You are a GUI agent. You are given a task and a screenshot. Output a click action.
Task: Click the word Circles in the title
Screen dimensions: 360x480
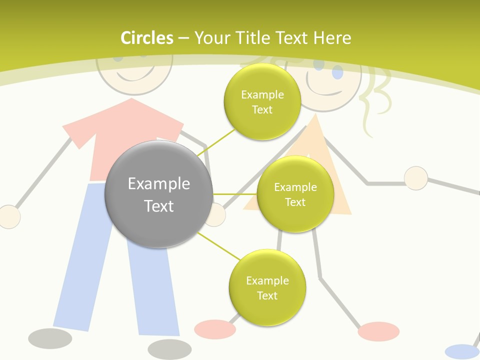(146, 38)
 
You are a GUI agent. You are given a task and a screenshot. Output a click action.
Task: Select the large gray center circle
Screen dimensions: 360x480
(158, 194)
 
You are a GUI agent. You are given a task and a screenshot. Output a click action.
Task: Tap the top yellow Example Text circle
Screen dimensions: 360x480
(262, 102)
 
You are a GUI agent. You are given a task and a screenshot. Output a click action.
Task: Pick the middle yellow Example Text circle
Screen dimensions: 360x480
(295, 194)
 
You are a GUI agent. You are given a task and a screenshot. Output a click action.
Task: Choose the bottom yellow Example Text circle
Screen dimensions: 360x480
(267, 288)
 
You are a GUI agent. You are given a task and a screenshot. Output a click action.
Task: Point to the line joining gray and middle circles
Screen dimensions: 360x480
(234, 194)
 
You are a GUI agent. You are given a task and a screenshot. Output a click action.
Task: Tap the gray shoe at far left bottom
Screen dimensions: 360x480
(50, 338)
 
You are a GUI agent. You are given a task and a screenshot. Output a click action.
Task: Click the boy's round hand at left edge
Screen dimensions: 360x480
(8, 217)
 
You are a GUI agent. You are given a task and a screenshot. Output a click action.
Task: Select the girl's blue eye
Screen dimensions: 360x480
(337, 74)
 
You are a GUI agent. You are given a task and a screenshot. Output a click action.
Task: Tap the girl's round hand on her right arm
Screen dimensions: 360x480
(415, 178)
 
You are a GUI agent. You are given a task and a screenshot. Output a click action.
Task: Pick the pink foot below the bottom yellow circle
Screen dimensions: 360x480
(214, 328)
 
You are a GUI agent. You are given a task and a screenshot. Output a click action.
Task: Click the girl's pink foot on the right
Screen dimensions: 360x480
(378, 331)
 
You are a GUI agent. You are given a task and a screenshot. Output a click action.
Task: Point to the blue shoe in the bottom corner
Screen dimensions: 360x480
(461, 351)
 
